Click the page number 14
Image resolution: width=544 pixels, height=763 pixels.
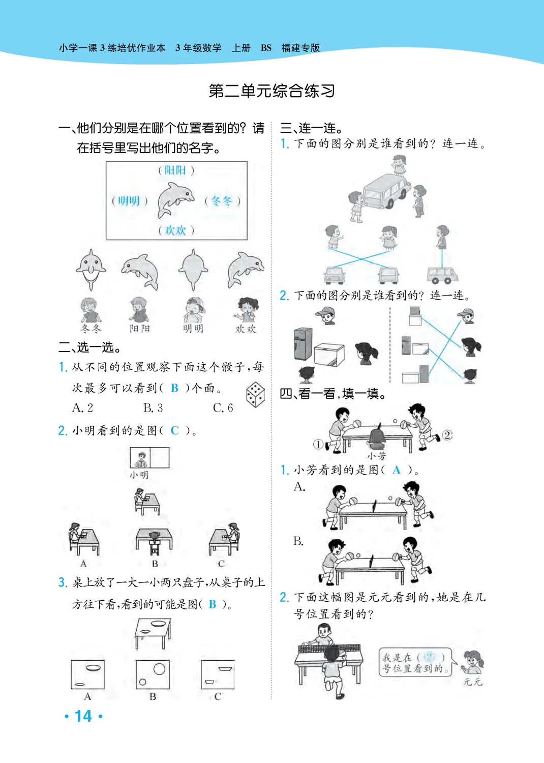click(83, 716)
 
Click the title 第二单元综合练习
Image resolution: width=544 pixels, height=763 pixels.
click(271, 91)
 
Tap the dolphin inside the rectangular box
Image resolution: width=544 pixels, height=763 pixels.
click(175, 199)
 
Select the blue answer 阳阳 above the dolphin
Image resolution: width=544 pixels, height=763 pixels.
click(175, 170)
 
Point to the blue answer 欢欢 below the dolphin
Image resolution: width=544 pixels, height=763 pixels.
click(175, 230)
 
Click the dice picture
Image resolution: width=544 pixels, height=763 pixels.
click(255, 394)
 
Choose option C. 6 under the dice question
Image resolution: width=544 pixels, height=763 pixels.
click(223, 408)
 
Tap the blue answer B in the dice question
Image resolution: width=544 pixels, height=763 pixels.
click(174, 388)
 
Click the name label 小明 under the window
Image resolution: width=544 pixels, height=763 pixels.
click(139, 475)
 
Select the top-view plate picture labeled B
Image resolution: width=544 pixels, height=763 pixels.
click(153, 674)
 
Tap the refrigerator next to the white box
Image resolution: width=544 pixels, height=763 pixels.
click(303, 344)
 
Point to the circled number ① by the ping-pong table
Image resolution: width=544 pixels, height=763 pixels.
click(318, 444)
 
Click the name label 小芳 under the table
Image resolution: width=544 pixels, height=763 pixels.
click(377, 456)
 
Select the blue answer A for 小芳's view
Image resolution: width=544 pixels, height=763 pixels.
click(397, 471)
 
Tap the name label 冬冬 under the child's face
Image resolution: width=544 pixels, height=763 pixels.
click(91, 329)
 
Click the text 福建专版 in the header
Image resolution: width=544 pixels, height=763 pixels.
click(300, 48)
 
